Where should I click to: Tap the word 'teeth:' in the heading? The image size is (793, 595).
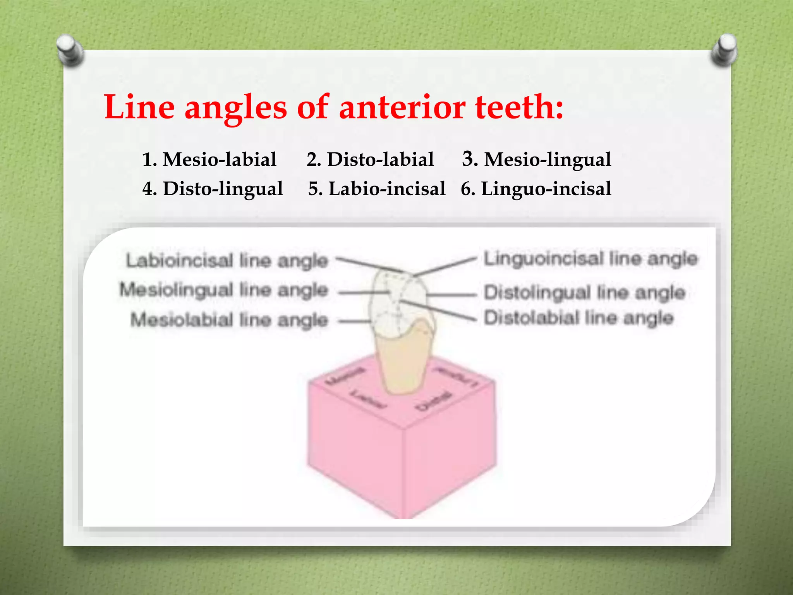click(x=519, y=107)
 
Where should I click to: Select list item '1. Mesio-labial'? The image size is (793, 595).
click(x=209, y=159)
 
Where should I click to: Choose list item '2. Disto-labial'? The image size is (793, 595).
click(x=370, y=159)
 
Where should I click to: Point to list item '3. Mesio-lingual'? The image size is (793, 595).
click(x=536, y=159)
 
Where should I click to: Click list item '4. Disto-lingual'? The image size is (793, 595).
click(x=213, y=189)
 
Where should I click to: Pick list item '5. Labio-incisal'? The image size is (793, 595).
click(x=377, y=189)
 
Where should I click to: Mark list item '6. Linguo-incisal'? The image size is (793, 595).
click(x=536, y=189)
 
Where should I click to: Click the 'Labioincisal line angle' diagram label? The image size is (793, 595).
click(x=227, y=260)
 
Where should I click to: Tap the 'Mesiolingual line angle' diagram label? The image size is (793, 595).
click(x=224, y=290)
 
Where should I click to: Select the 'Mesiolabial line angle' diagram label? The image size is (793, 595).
click(x=229, y=320)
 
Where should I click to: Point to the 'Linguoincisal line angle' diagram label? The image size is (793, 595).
click(x=590, y=259)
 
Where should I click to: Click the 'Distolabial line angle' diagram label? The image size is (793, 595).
click(x=579, y=318)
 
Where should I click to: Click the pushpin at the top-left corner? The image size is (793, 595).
click(x=70, y=50)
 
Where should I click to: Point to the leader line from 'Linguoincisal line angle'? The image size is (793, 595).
click(x=445, y=266)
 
